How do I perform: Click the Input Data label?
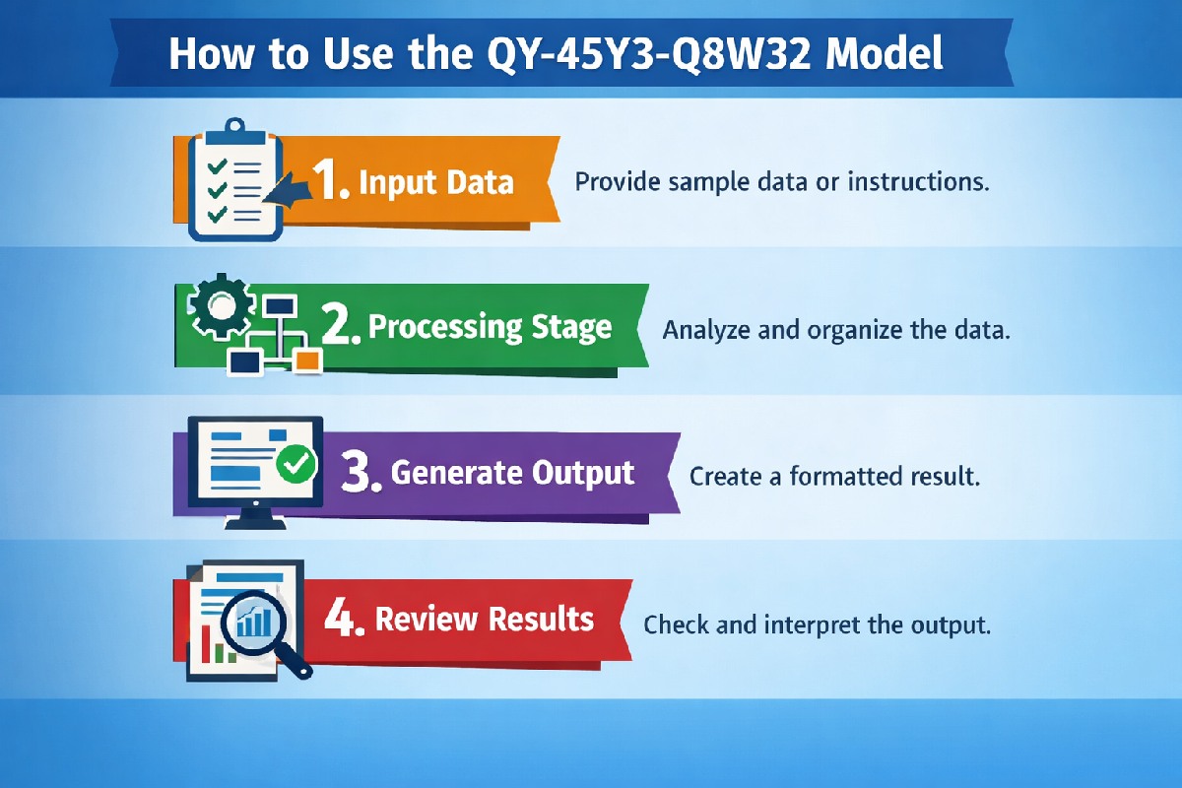coord(435,182)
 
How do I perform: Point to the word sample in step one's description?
coord(704,182)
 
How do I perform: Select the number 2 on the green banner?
coord(341,328)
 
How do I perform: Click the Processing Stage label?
coord(490,328)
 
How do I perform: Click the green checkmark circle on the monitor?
coord(295,462)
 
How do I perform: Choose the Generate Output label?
coord(512,473)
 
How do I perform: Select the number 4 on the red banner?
coord(344,620)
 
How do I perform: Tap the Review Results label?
coord(485,619)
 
